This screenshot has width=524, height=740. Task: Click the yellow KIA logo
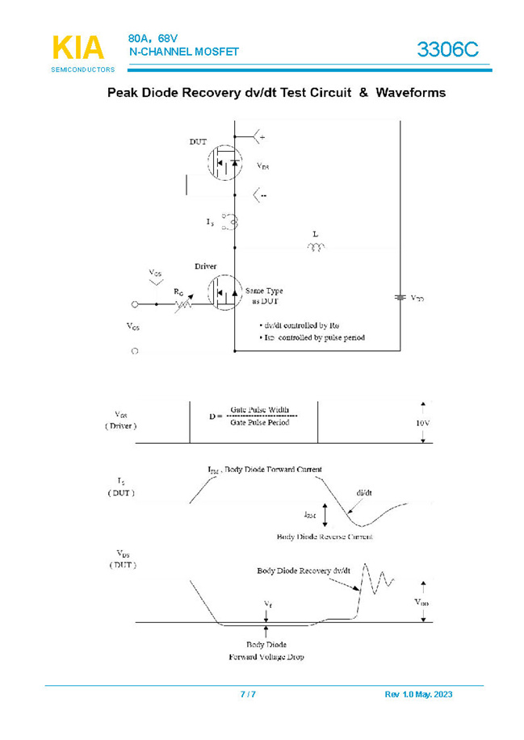(x=78, y=48)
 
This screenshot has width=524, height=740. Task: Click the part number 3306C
(x=448, y=50)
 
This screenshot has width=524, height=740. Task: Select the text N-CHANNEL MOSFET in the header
(x=184, y=52)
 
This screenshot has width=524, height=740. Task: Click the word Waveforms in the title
(x=409, y=93)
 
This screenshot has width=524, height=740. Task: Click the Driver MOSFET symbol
(x=225, y=294)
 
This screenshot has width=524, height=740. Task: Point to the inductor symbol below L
(x=315, y=248)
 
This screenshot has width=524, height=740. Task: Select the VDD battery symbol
(x=399, y=298)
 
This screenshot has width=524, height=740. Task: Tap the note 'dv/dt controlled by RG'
(x=299, y=324)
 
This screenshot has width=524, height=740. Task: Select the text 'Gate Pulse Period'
(x=260, y=423)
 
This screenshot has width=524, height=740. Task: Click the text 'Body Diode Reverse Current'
(x=329, y=536)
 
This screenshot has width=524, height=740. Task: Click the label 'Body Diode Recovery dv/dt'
(x=304, y=571)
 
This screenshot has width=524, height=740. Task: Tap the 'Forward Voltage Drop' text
(x=266, y=657)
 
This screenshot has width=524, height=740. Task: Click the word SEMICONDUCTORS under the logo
(x=83, y=70)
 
